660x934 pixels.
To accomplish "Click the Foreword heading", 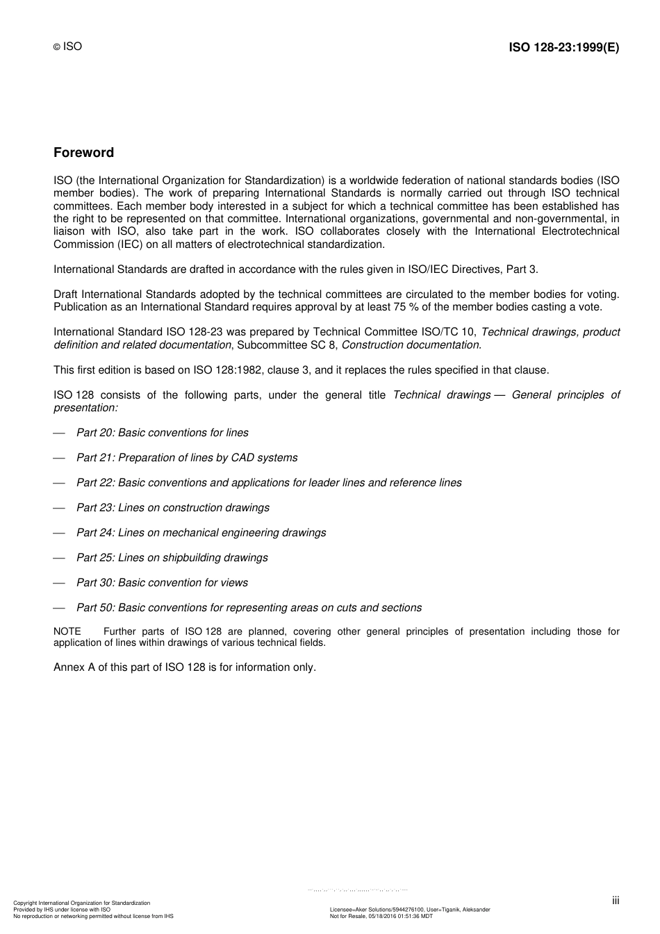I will (83, 153).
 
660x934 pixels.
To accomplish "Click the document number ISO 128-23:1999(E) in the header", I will (563, 47).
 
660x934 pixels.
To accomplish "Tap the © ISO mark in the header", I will (67, 47).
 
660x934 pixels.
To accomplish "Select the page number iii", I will (616, 901).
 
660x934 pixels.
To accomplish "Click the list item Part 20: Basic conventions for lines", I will (162, 433).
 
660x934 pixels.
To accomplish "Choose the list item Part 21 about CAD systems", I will (187, 458).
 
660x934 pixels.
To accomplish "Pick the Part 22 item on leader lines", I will (269, 483).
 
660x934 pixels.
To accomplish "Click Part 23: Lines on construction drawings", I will (172, 508).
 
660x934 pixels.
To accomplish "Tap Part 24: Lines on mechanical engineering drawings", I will (201, 533).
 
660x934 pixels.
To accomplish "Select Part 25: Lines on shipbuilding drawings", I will (172, 558).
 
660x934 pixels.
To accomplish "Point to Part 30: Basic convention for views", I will (162, 583).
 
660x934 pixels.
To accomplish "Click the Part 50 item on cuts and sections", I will (249, 608).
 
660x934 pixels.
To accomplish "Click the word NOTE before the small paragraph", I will (67, 632).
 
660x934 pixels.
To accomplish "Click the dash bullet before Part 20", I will (59, 433).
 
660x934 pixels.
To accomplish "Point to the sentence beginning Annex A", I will (185, 667).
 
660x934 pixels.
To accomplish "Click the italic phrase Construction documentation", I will (411, 345).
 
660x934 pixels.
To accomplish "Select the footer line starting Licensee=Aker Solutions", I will (410, 910).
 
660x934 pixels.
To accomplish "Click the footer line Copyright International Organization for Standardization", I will (82, 903).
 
